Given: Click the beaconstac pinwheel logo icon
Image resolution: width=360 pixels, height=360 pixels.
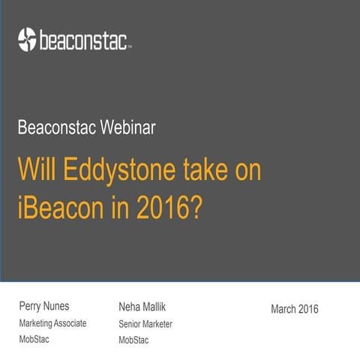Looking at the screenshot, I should pyautogui.click(x=27, y=38).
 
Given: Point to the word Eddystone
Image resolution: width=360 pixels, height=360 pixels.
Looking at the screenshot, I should pyautogui.click(x=112, y=170).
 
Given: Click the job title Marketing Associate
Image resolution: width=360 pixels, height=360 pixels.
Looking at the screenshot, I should pyautogui.click(x=52, y=323).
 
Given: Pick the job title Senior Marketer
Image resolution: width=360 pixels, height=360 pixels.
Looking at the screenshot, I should pyautogui.click(x=145, y=324).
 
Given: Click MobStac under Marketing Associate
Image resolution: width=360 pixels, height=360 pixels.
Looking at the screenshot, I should pyautogui.click(x=34, y=340).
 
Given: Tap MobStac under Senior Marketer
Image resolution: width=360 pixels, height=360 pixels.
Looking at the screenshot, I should pyautogui.click(x=134, y=340).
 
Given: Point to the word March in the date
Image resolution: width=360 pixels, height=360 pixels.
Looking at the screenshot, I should pyautogui.click(x=283, y=309).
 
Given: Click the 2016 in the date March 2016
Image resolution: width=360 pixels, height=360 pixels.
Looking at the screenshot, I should pyautogui.click(x=308, y=309).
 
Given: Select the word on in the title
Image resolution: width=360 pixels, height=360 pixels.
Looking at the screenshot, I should pyautogui.click(x=248, y=170).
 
